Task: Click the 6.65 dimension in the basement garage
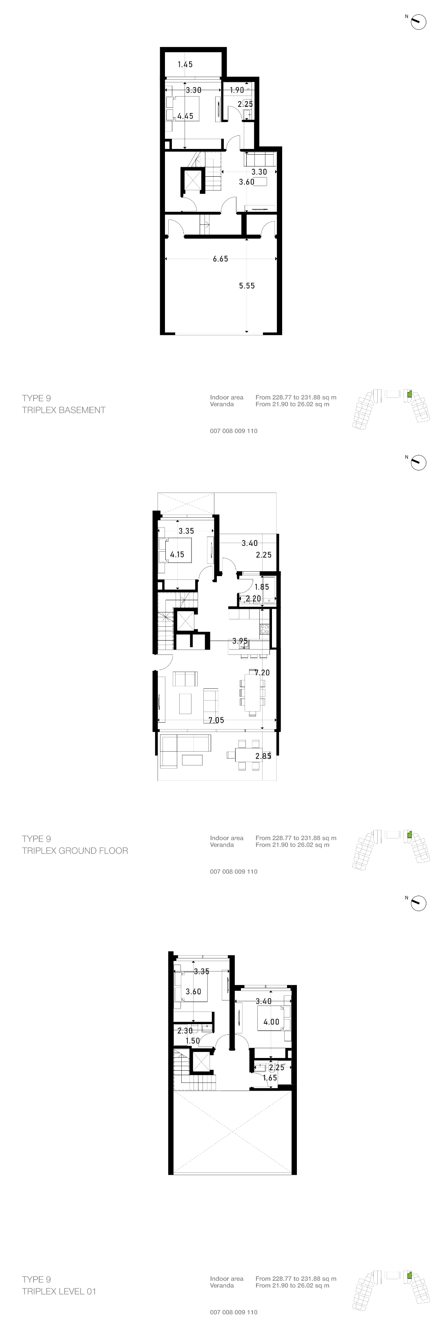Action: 220,259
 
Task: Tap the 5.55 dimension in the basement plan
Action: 247,286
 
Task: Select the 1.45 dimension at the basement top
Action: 185,64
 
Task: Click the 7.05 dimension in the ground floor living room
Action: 216,721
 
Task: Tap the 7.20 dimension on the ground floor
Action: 262,673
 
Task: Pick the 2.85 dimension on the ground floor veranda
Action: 263,756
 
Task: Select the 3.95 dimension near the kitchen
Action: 240,641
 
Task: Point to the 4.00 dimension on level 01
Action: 271,1022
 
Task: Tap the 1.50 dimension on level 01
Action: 192,1041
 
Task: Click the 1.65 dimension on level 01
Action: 269,1078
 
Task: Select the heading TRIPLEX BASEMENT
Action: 64,410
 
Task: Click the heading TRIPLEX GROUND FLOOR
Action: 75,851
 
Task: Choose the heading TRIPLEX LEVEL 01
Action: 59,1292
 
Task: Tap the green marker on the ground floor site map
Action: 409,835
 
